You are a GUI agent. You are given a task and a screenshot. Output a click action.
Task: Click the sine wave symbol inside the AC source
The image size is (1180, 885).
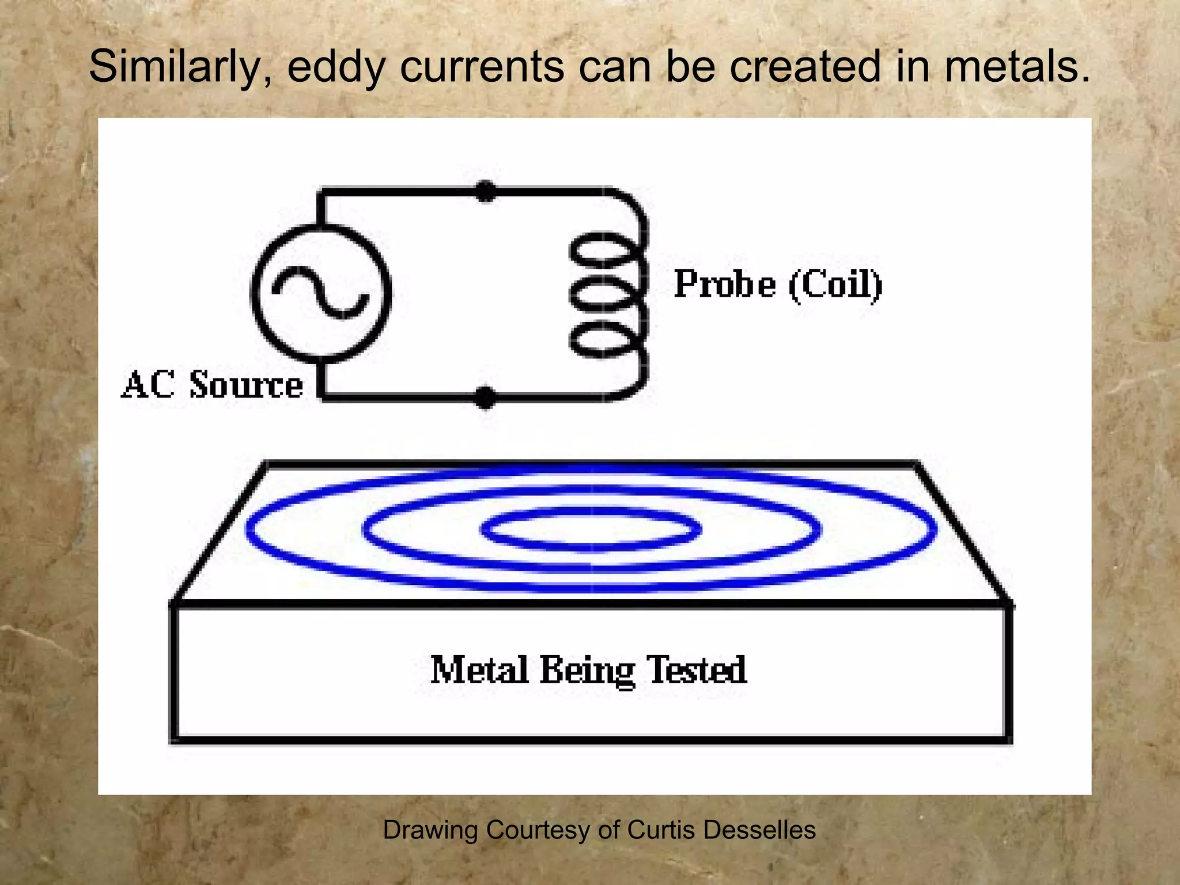click(x=320, y=294)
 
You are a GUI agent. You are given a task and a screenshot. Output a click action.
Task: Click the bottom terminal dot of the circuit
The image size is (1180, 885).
click(x=485, y=397)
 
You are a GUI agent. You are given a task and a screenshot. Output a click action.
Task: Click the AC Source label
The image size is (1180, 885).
click(x=212, y=385)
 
